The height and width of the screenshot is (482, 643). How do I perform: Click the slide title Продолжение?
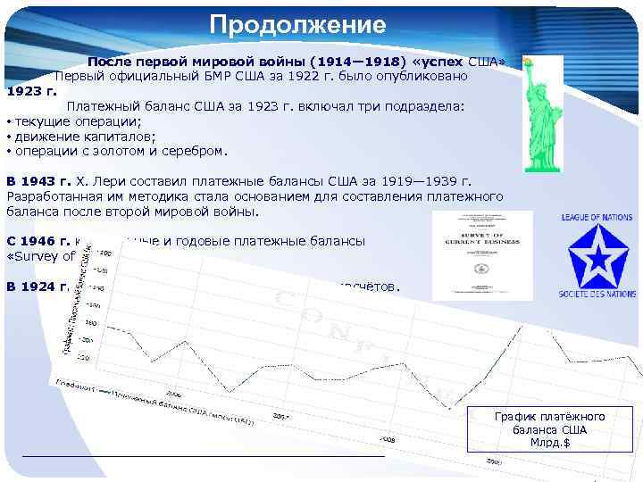[298, 24]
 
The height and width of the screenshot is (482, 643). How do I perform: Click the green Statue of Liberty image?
[542, 116]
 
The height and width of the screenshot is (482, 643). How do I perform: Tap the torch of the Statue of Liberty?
[528, 62]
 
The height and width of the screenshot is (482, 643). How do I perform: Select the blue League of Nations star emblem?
[597, 256]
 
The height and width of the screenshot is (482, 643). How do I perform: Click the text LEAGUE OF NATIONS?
[597, 217]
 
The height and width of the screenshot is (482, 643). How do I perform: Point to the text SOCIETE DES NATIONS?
[597, 294]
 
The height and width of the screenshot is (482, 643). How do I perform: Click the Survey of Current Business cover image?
[481, 254]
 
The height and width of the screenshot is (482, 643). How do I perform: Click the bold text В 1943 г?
[38, 180]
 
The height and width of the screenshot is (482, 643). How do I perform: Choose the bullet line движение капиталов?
[84, 136]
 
